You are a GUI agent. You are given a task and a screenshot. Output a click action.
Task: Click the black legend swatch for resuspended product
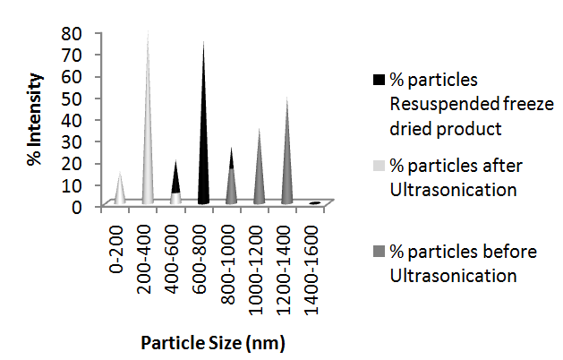pyautogui.click(x=379, y=80)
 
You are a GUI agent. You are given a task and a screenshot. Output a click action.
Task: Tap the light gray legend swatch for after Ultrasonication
pyautogui.click(x=379, y=167)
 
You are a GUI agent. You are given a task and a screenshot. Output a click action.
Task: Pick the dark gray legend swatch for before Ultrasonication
pyautogui.click(x=379, y=253)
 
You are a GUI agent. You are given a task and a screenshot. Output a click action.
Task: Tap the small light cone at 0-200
pyautogui.click(x=120, y=191)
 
